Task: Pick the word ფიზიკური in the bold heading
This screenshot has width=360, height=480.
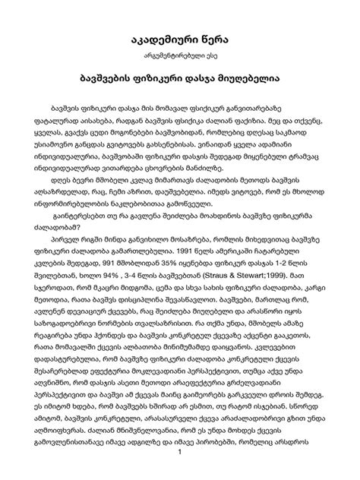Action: tap(156, 78)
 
